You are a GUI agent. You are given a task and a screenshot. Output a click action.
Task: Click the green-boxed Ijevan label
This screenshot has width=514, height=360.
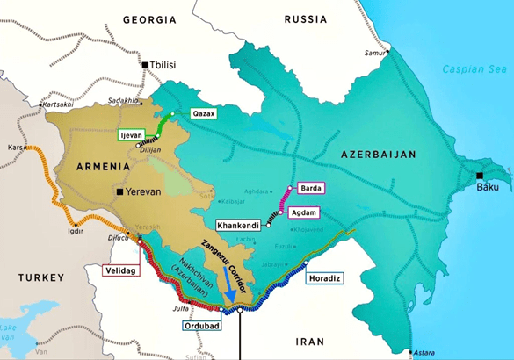pyautogui.click(x=132, y=135)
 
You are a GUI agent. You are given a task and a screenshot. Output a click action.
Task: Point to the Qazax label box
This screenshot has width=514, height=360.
pyautogui.click(x=203, y=114)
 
